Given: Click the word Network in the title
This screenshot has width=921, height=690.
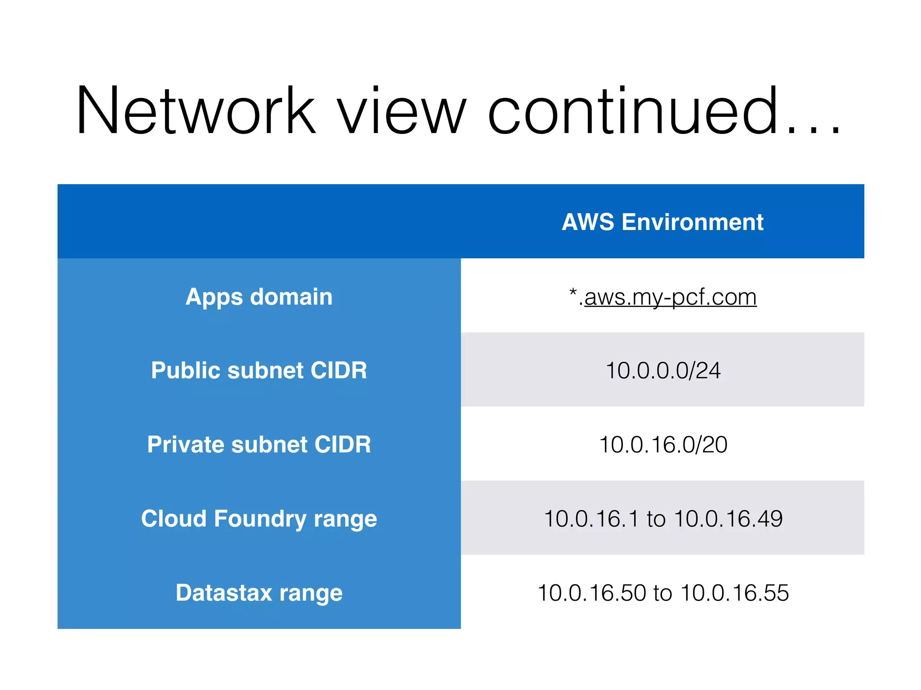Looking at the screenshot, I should (x=196, y=111).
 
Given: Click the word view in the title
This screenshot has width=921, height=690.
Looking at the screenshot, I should (x=402, y=111).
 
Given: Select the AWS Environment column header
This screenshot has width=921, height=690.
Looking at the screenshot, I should (x=662, y=222).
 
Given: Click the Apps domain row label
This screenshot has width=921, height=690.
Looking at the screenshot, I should (x=259, y=297).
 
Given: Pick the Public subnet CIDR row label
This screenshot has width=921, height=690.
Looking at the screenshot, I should (x=259, y=371).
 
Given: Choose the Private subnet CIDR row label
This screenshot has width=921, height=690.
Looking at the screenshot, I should (x=259, y=445).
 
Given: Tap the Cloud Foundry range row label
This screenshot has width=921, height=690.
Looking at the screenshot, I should (x=259, y=519).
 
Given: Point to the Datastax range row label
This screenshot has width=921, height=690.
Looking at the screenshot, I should (x=259, y=593).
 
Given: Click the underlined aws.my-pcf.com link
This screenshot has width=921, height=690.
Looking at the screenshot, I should (x=670, y=297).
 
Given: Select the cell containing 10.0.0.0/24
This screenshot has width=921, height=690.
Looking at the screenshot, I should (x=663, y=371).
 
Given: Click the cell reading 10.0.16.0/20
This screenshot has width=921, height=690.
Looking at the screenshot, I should (x=663, y=445).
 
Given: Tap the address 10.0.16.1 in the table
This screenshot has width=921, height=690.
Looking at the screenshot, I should (x=591, y=519).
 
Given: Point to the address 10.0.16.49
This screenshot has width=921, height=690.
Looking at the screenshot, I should (x=729, y=519).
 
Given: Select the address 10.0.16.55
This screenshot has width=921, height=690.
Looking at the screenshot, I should (x=735, y=593).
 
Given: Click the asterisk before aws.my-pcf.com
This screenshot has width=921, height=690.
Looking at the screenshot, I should (x=573, y=293).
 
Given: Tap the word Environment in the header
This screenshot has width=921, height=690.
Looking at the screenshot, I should (x=693, y=222).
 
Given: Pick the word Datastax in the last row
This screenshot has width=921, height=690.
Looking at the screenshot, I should (x=224, y=593).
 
